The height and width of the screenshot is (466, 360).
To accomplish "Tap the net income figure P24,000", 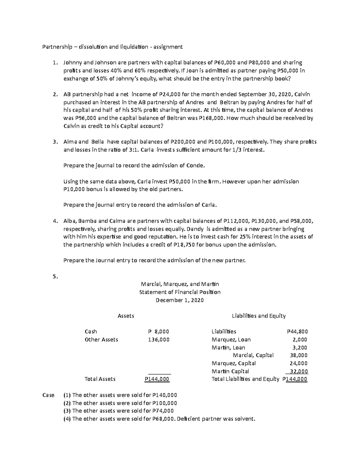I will (x=169, y=95).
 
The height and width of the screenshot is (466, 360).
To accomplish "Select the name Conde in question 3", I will (x=196, y=165).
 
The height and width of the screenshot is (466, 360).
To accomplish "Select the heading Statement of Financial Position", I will (x=180, y=292).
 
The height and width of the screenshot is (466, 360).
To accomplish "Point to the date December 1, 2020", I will (x=180, y=300).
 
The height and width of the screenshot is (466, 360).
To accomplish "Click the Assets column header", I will (x=126, y=316).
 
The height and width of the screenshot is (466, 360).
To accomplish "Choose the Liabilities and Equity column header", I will (x=259, y=316).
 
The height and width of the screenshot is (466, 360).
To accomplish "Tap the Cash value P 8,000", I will (x=159, y=332).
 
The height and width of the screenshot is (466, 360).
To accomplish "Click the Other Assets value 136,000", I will (x=159, y=339).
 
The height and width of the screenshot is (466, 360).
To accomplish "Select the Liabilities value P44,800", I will (x=297, y=332).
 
